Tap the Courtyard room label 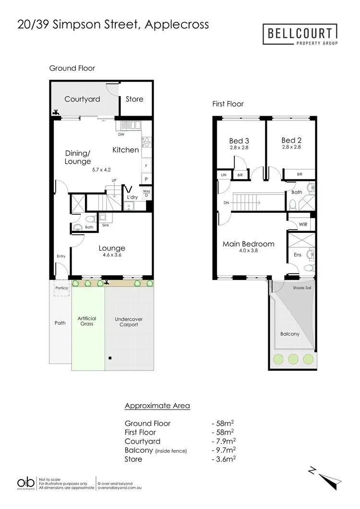(82, 99)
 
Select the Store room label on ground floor (134, 99)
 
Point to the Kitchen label (126, 150)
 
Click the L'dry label (132, 197)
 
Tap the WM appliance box (146, 192)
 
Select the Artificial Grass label (87, 321)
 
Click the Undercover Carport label (129, 322)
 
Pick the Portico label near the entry (61, 289)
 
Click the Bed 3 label (239, 141)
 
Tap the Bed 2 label (291, 140)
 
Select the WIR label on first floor (303, 224)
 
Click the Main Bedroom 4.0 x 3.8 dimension (248, 250)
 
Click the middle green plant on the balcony (293, 358)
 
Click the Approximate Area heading (157, 406)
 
